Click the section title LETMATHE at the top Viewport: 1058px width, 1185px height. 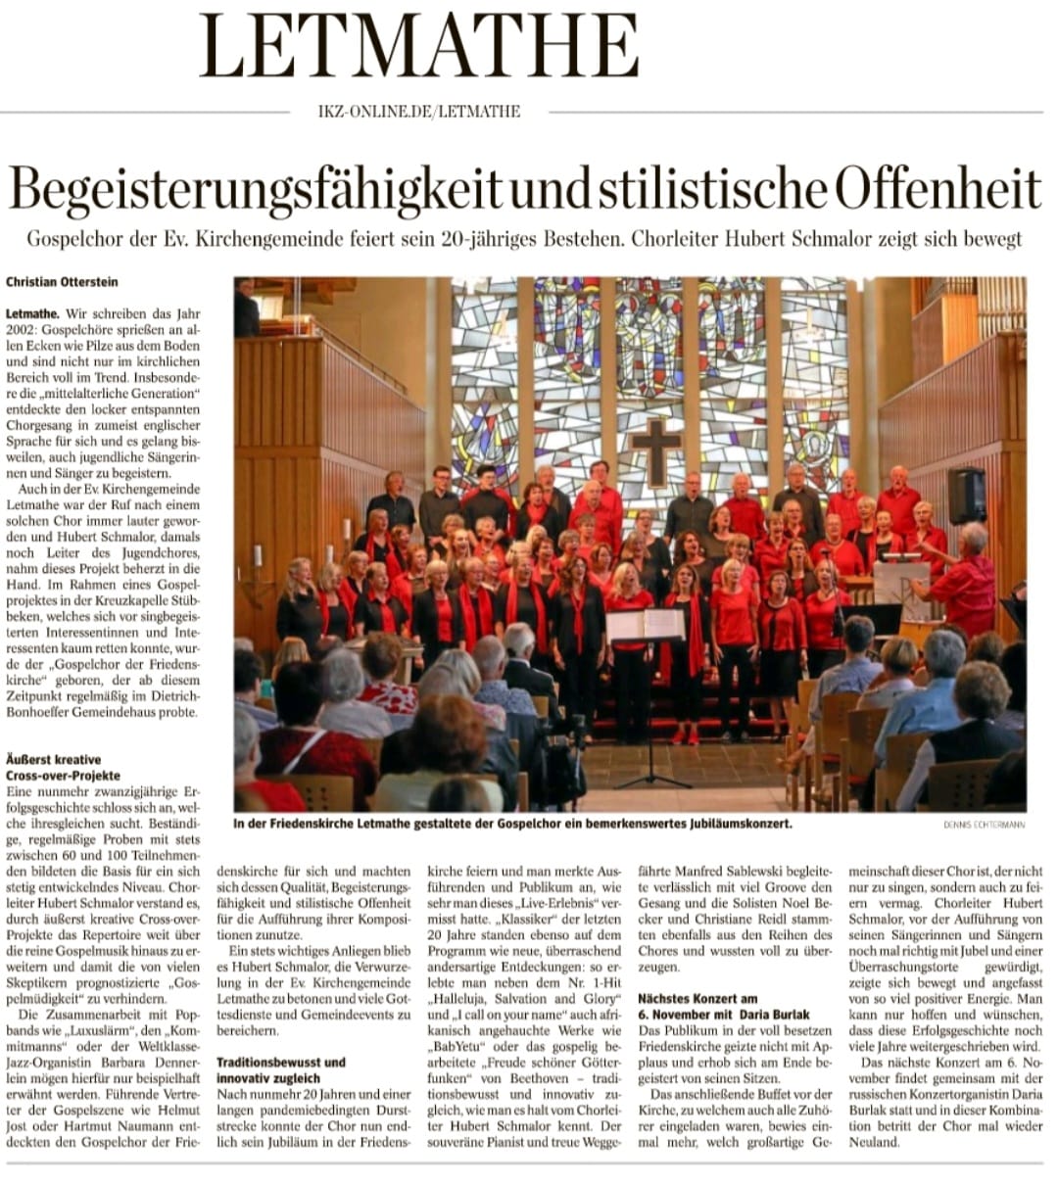[x=419, y=46]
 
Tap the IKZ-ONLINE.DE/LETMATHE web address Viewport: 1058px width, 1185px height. [x=419, y=112]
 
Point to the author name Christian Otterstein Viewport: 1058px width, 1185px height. [x=62, y=282]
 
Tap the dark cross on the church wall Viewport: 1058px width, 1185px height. [x=655, y=451]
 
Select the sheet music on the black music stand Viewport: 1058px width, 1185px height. [x=645, y=625]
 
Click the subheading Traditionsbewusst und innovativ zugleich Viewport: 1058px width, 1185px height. [x=281, y=1069]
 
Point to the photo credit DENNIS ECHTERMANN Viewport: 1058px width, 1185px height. [x=984, y=825]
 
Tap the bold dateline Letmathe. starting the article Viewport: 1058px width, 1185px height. [x=32, y=314]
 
